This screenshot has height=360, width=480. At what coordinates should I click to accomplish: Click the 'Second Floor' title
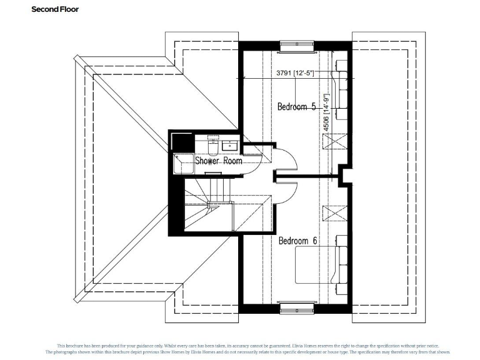[x=55, y=9]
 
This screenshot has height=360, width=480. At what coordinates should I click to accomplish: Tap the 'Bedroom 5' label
[x=296, y=106]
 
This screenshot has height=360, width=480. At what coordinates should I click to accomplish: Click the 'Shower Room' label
[x=219, y=161]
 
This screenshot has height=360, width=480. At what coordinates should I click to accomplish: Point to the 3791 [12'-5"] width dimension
[x=294, y=73]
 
